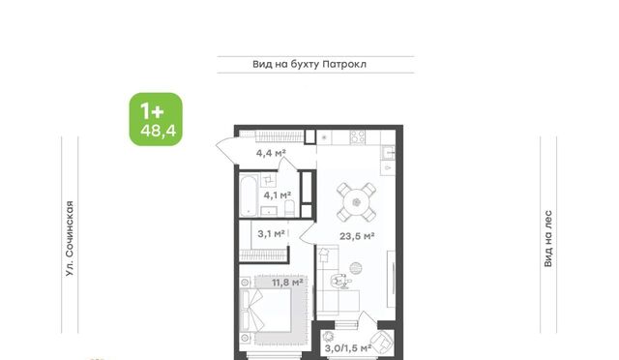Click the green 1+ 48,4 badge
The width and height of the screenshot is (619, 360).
pyautogui.click(x=156, y=119)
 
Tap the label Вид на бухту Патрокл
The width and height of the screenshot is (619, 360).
pyautogui.click(x=309, y=64)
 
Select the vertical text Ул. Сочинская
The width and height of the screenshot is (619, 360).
pyautogui.click(x=70, y=238)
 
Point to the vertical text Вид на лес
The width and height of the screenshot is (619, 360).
pyautogui.click(x=548, y=239)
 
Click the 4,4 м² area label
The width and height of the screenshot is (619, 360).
pyautogui.click(x=271, y=153)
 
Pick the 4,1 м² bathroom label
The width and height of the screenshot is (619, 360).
pyautogui.click(x=278, y=195)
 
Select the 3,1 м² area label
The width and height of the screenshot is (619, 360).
pyautogui.click(x=271, y=234)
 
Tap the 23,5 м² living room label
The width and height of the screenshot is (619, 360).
pyautogui.click(x=357, y=236)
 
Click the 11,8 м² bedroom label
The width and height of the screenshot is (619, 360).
pyautogui.click(x=287, y=283)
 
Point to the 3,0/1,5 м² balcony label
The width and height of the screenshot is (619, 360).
pyautogui.click(x=348, y=348)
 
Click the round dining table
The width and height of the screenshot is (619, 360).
pyautogui.click(x=357, y=202)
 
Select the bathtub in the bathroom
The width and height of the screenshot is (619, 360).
pyautogui.click(x=249, y=196)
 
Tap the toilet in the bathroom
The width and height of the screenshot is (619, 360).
pyautogui.click(x=289, y=208)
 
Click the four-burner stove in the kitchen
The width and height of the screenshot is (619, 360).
pyautogui.click(x=358, y=137)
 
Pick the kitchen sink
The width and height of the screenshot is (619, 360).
pyautogui.click(x=388, y=153)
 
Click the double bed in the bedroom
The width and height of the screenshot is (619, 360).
pyautogui.click(x=265, y=311)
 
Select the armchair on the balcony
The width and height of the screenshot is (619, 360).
pyautogui.click(x=381, y=342)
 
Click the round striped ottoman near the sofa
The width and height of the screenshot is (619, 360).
pyautogui.click(x=355, y=268)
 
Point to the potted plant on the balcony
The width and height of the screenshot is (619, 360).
pyautogui.click(x=328, y=337)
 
